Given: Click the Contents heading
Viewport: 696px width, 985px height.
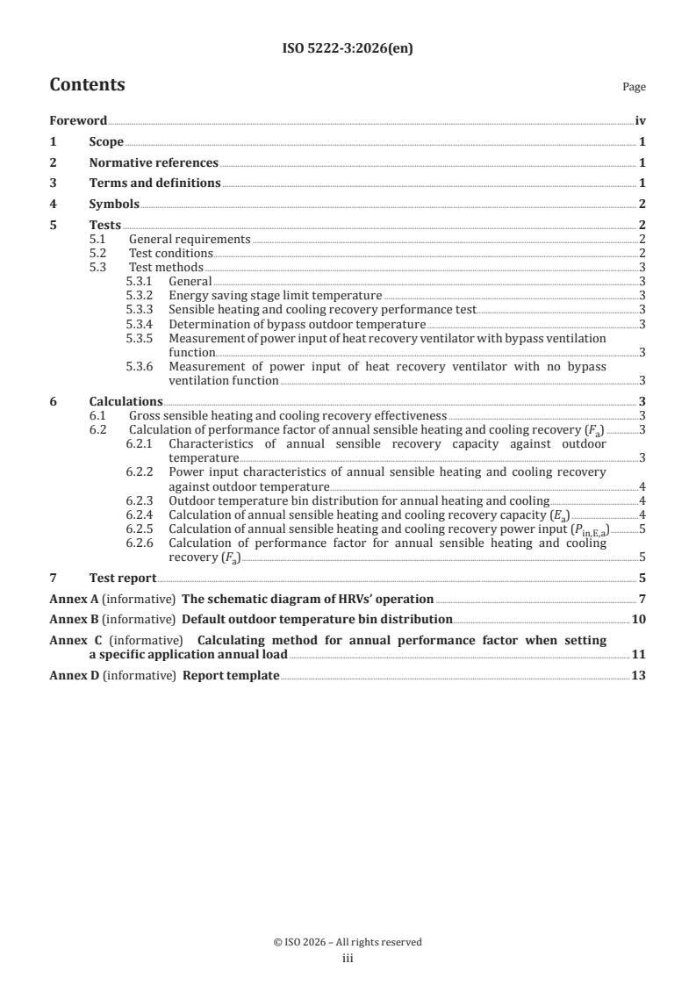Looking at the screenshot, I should point(87,85).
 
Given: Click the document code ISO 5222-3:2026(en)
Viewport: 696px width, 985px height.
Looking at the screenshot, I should point(348,49).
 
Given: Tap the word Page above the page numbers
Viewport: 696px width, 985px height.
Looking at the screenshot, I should point(633,87).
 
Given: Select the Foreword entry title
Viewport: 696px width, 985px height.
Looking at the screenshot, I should point(78,121).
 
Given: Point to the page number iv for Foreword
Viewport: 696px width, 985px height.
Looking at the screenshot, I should point(640,121).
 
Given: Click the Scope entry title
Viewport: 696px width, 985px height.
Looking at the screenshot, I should point(106,141).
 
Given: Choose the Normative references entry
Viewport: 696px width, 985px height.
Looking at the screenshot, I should point(154,162).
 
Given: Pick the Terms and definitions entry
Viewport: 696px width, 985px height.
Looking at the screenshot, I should point(154,183).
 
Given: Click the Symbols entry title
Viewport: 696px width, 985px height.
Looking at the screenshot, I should point(114,204).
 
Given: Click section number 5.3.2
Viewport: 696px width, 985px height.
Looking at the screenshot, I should point(140,296).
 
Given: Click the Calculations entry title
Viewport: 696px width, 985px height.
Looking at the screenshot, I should point(126,402).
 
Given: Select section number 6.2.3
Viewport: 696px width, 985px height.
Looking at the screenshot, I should point(140,500).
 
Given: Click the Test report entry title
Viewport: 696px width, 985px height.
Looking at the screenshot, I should point(123,578).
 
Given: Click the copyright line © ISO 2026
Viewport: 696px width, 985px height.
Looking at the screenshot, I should point(348,942).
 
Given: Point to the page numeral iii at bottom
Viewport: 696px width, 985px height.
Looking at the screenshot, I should point(347,959).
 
